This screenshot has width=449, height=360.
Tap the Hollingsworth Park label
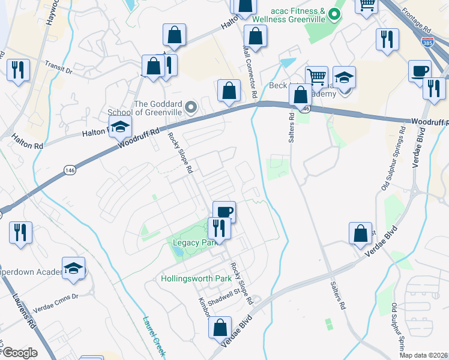(196, 279)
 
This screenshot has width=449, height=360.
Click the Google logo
(20, 353)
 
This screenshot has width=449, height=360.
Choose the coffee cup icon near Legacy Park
(224, 212)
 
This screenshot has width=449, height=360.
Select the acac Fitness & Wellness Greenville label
(289, 15)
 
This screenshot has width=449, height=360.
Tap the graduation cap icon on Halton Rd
(121, 127)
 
